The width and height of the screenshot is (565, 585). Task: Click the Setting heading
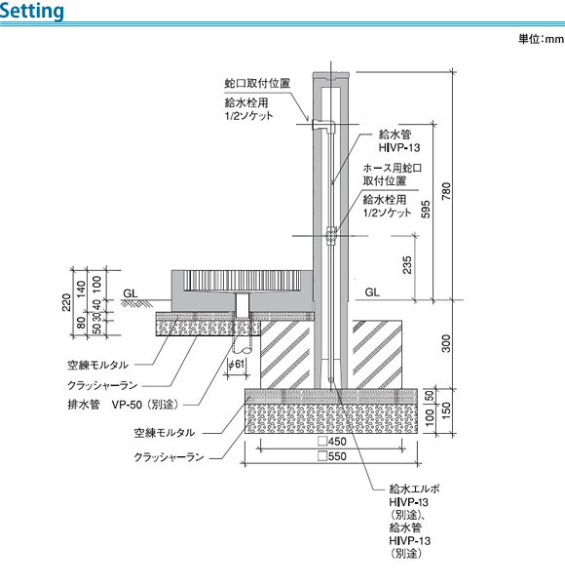tap(32, 11)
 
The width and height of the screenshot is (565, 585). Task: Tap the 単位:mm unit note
tap(542, 39)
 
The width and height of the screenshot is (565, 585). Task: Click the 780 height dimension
tap(446, 191)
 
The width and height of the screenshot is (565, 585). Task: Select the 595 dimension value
tap(426, 210)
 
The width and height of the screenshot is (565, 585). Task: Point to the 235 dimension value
tap(407, 265)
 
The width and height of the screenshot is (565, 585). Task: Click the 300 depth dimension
tap(446, 343)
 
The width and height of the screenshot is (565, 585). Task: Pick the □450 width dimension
tap(332, 442)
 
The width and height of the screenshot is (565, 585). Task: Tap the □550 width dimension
tap(332, 456)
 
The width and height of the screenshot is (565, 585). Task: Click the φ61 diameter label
tap(237, 363)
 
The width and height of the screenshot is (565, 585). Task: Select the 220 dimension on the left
tap(66, 302)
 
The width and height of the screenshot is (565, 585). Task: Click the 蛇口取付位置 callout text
tap(257, 83)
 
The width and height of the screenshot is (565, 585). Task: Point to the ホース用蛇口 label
tap(393, 168)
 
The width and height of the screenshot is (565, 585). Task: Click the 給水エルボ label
tap(414, 488)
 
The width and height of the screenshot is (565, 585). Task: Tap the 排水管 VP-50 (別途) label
tap(124, 405)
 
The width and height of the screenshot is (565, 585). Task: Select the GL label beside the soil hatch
tap(131, 293)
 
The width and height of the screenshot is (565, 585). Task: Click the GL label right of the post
tap(372, 292)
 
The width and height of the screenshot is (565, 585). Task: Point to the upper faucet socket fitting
tap(323, 126)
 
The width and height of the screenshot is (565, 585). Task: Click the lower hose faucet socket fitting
tap(330, 236)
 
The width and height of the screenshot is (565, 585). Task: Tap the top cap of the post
tap(330, 76)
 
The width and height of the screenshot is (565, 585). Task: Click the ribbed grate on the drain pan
tap(242, 281)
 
